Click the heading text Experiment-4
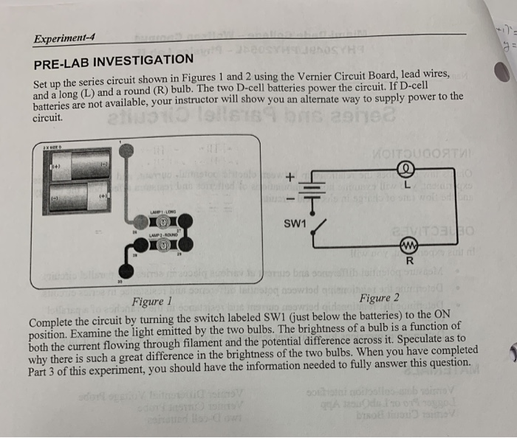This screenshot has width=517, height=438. click(64, 38)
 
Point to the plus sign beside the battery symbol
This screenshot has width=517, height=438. click(290, 177)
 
